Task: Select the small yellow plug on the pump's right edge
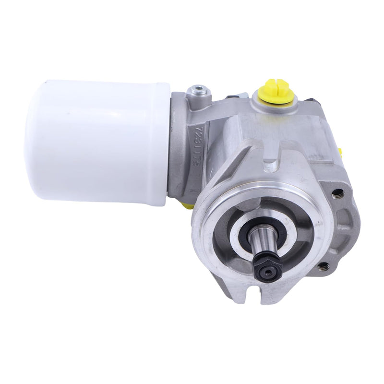(x=340, y=153)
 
